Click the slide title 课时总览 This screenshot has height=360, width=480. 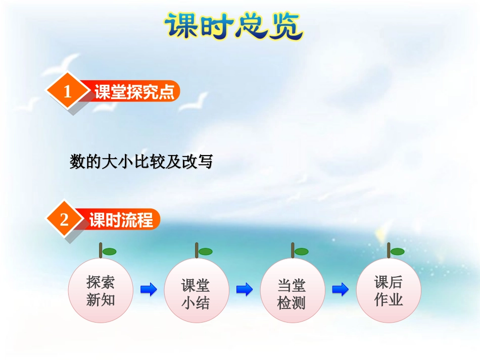233,26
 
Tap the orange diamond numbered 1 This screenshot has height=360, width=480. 68,92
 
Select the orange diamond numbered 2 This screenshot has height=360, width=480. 64,220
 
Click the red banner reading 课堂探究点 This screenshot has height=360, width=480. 134,92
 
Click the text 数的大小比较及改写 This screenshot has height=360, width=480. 141,162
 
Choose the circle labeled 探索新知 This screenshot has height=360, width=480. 101,291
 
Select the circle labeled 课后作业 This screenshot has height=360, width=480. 389,290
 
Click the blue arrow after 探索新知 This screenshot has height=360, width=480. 149,290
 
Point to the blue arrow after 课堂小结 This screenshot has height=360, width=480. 245,290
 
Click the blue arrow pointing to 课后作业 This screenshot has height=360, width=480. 341,290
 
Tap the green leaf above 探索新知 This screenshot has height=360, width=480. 109,251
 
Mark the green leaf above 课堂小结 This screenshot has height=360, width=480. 205,251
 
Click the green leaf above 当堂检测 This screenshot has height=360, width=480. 301,251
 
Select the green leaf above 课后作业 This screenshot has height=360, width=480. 397,251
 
